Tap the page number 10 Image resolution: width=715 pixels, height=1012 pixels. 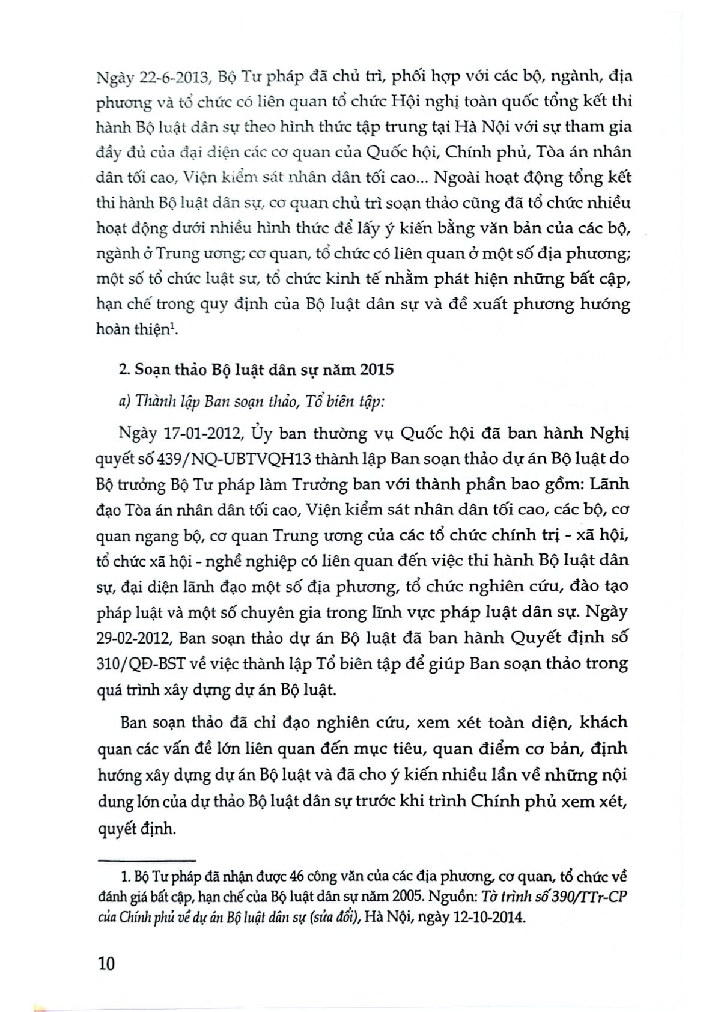[x=105, y=963]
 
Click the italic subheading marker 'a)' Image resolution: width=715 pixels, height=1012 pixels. [x=124, y=401]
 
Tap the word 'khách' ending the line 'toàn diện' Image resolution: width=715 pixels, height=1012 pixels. [x=601, y=721]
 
